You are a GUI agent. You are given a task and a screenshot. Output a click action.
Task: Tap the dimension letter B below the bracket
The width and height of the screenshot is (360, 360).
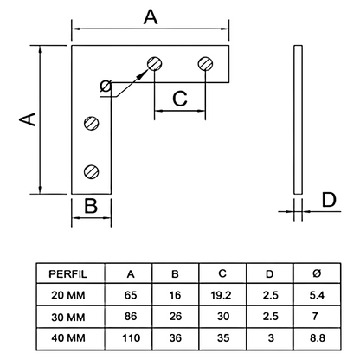coord(91,208)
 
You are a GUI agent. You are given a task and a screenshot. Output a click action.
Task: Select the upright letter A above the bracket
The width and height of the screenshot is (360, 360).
coord(151,16)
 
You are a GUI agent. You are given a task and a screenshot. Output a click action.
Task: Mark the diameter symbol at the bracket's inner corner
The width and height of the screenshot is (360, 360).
coord(106,86)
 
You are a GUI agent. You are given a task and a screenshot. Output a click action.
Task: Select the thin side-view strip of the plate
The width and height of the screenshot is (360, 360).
coord(298,120)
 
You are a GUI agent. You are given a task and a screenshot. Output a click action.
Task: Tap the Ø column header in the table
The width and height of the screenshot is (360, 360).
coord(315,274)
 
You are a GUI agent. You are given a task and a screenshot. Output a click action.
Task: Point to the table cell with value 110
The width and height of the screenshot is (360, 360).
coord(131,335)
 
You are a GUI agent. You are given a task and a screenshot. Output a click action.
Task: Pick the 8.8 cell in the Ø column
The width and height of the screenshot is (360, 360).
coord(315,335)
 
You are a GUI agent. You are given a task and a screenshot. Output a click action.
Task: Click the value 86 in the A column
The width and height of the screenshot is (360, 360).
coord(131,315)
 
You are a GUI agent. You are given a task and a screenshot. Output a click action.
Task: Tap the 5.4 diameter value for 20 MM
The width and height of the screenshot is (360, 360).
coord(315,295)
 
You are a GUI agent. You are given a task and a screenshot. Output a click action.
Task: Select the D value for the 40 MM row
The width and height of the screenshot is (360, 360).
coord(269,335)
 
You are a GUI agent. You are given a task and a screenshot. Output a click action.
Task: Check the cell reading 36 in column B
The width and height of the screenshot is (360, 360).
coord(176,335)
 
